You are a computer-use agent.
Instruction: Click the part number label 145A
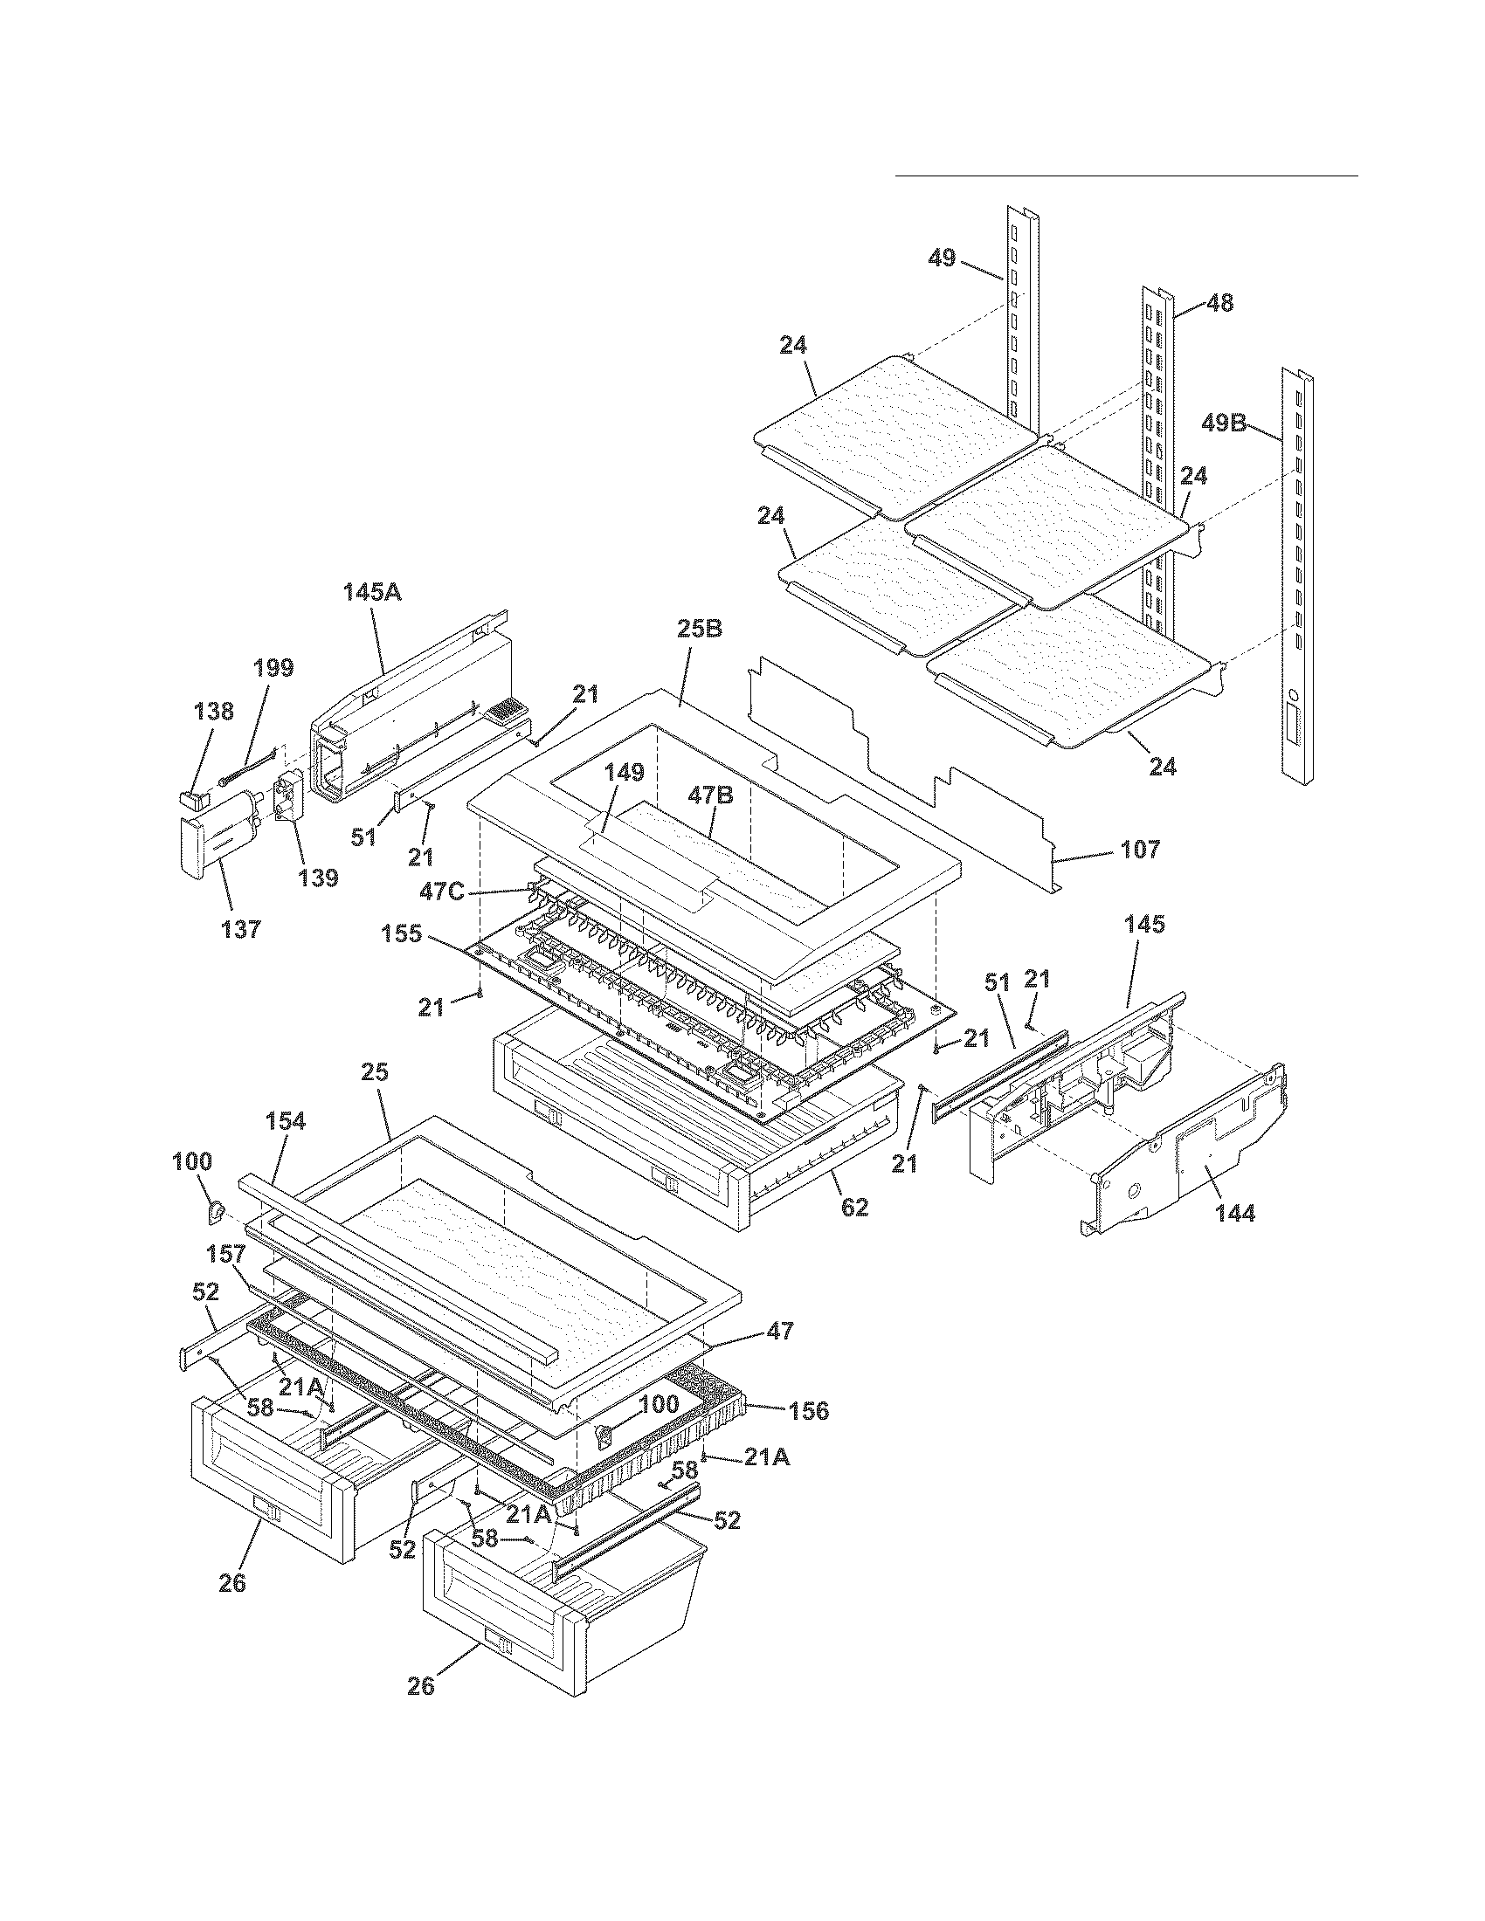click(x=371, y=592)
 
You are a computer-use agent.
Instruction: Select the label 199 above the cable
click(x=273, y=668)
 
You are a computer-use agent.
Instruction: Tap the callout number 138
click(x=214, y=711)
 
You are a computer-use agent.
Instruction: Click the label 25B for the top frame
click(x=700, y=629)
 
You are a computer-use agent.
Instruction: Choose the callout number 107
click(x=1139, y=850)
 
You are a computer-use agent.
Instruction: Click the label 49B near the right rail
click(x=1224, y=423)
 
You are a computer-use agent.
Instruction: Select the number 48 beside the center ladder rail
click(x=1219, y=304)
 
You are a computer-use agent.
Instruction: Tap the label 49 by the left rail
click(x=942, y=258)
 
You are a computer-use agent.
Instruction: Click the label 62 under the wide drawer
click(x=854, y=1208)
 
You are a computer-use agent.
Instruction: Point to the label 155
click(x=401, y=934)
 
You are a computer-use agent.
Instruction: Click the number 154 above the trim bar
click(x=285, y=1120)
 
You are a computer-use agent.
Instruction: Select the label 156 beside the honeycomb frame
click(x=808, y=1411)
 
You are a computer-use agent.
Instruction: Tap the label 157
click(x=226, y=1253)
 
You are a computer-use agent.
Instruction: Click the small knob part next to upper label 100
click(x=214, y=1215)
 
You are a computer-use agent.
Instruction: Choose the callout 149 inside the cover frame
click(x=623, y=772)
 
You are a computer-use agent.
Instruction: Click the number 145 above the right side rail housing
click(x=1143, y=925)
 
